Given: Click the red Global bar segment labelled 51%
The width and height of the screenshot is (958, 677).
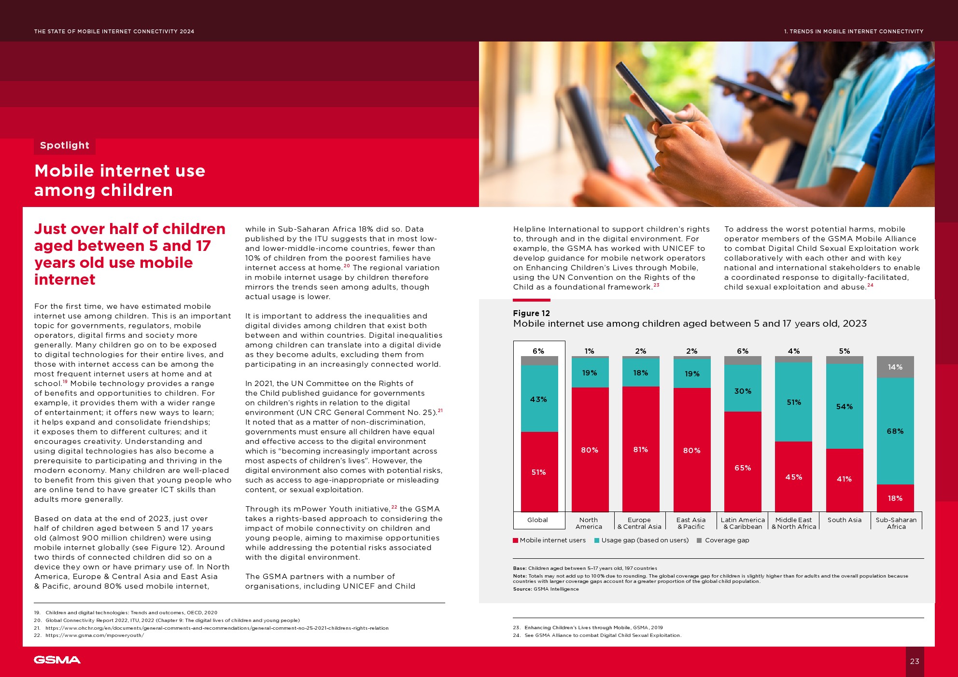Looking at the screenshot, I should pyautogui.click(x=539, y=471).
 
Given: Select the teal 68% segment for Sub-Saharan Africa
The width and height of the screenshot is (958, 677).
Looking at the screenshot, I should pyautogui.click(x=895, y=431).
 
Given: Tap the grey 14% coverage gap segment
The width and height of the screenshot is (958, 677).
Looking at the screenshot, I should pyautogui.click(x=895, y=367).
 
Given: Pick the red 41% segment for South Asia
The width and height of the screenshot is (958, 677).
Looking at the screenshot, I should pyautogui.click(x=844, y=479).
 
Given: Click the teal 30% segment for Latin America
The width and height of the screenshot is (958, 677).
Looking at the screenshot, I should pyautogui.click(x=743, y=391).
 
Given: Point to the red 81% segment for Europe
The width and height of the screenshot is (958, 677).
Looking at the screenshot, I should pyautogui.click(x=640, y=449).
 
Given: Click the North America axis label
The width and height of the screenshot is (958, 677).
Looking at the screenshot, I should pyautogui.click(x=589, y=523).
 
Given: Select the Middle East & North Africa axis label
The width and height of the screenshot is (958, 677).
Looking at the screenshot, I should pyautogui.click(x=793, y=523).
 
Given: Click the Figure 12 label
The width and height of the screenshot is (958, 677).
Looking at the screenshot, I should pyautogui.click(x=531, y=313).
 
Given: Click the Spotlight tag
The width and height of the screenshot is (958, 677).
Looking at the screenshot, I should pyautogui.click(x=65, y=145).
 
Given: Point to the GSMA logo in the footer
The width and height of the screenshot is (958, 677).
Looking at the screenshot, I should pyautogui.click(x=57, y=660).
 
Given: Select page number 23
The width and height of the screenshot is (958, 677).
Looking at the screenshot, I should pyautogui.click(x=915, y=661).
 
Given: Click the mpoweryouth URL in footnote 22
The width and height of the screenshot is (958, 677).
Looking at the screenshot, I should pyautogui.click(x=95, y=636).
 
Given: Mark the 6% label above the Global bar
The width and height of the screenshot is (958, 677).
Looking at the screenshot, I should pyautogui.click(x=538, y=351).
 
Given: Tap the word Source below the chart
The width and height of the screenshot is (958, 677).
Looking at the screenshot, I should pyautogui.click(x=522, y=589).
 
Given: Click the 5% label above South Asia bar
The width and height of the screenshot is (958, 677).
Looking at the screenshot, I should pyautogui.click(x=844, y=351).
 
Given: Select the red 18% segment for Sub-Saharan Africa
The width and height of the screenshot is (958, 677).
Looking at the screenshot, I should pyautogui.click(x=895, y=498).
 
